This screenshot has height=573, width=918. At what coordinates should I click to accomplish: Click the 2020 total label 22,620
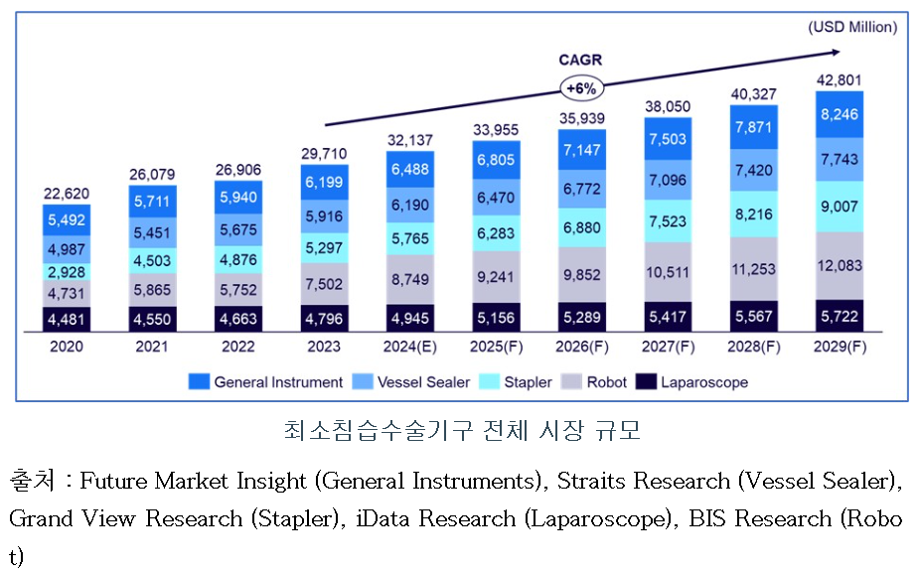pos(67,194)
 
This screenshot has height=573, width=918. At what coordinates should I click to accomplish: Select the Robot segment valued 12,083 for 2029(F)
pos(840,265)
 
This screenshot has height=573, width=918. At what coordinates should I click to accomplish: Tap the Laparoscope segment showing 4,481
pos(67,320)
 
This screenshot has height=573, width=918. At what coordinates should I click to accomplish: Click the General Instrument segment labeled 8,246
pos(840,114)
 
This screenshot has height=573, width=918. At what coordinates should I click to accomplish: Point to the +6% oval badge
pos(580,88)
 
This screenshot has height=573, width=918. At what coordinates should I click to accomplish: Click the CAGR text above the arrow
pos(580,61)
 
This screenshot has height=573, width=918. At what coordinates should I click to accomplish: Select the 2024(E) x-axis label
pos(410,347)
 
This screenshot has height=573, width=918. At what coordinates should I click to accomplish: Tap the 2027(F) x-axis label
pos(668,347)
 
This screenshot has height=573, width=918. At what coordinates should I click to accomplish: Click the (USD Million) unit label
pos(852,27)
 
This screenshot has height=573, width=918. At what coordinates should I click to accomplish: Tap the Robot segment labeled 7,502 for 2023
pos(324,284)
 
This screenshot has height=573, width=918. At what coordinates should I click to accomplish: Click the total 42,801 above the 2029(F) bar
pos(840,80)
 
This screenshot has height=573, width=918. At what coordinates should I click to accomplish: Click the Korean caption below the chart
pos(460,431)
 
